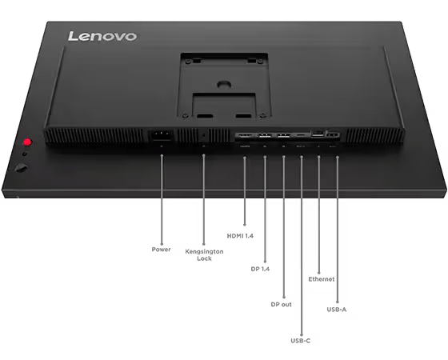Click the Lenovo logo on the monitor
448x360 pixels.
pos(102,36)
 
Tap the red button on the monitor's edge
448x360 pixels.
pos(27,142)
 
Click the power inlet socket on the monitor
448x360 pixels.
pos(162,135)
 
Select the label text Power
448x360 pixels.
pos(161,250)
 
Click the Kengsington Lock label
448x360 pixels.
pos(204,255)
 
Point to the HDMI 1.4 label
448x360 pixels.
pos(240,236)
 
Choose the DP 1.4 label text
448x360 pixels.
pos(260,269)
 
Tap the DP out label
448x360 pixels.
pos(281,305)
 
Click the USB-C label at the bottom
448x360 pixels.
pos(300,341)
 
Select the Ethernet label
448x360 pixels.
pos(322,279)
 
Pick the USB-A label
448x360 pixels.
pos(337,310)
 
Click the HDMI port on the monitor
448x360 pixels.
pos(246,135)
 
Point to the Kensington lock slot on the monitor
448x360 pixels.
pos(203,136)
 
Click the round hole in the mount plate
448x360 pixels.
pos(224,84)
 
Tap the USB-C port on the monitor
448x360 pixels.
pos(301,134)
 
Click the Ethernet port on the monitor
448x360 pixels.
pos(318,134)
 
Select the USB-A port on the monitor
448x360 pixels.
pos(333,134)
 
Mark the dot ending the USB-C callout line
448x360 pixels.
pos(302,335)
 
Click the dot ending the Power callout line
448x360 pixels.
pos(162,244)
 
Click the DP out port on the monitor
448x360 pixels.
pos(284,135)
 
